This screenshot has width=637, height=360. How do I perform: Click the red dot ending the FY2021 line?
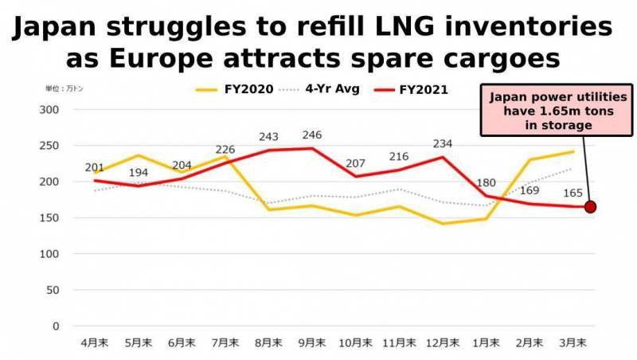pyautogui.click(x=590, y=207)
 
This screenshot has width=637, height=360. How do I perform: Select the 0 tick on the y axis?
pyautogui.click(x=56, y=326)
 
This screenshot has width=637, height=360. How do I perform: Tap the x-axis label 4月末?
pyautogui.click(x=95, y=342)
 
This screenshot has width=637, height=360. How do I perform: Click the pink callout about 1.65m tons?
pyautogui.click(x=547, y=112)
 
